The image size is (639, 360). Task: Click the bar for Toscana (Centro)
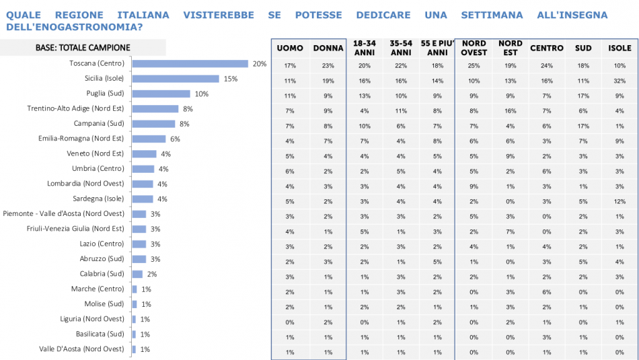pos(190,64)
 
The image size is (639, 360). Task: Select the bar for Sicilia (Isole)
pos(176,79)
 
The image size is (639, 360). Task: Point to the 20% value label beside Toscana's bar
pos(260,64)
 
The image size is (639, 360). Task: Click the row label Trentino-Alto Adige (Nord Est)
pos(75,108)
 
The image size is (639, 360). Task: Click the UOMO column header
pos(290,48)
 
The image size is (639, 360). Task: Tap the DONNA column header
pos(328,48)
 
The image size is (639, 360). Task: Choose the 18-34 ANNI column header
pos(364,48)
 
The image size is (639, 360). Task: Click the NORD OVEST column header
pos(474,48)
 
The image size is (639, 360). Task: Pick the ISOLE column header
pos(619,48)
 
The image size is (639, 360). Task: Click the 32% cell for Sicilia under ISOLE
pos(619,81)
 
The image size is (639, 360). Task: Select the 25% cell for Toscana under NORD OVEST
pos(474,66)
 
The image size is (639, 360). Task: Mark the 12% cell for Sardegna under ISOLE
pos(619,201)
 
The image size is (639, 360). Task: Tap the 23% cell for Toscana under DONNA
pos(328,66)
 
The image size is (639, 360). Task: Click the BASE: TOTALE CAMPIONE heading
pos(83,48)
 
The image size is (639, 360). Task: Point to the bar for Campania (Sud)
pos(153,124)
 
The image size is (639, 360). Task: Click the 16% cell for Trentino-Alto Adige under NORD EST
pos(510,111)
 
